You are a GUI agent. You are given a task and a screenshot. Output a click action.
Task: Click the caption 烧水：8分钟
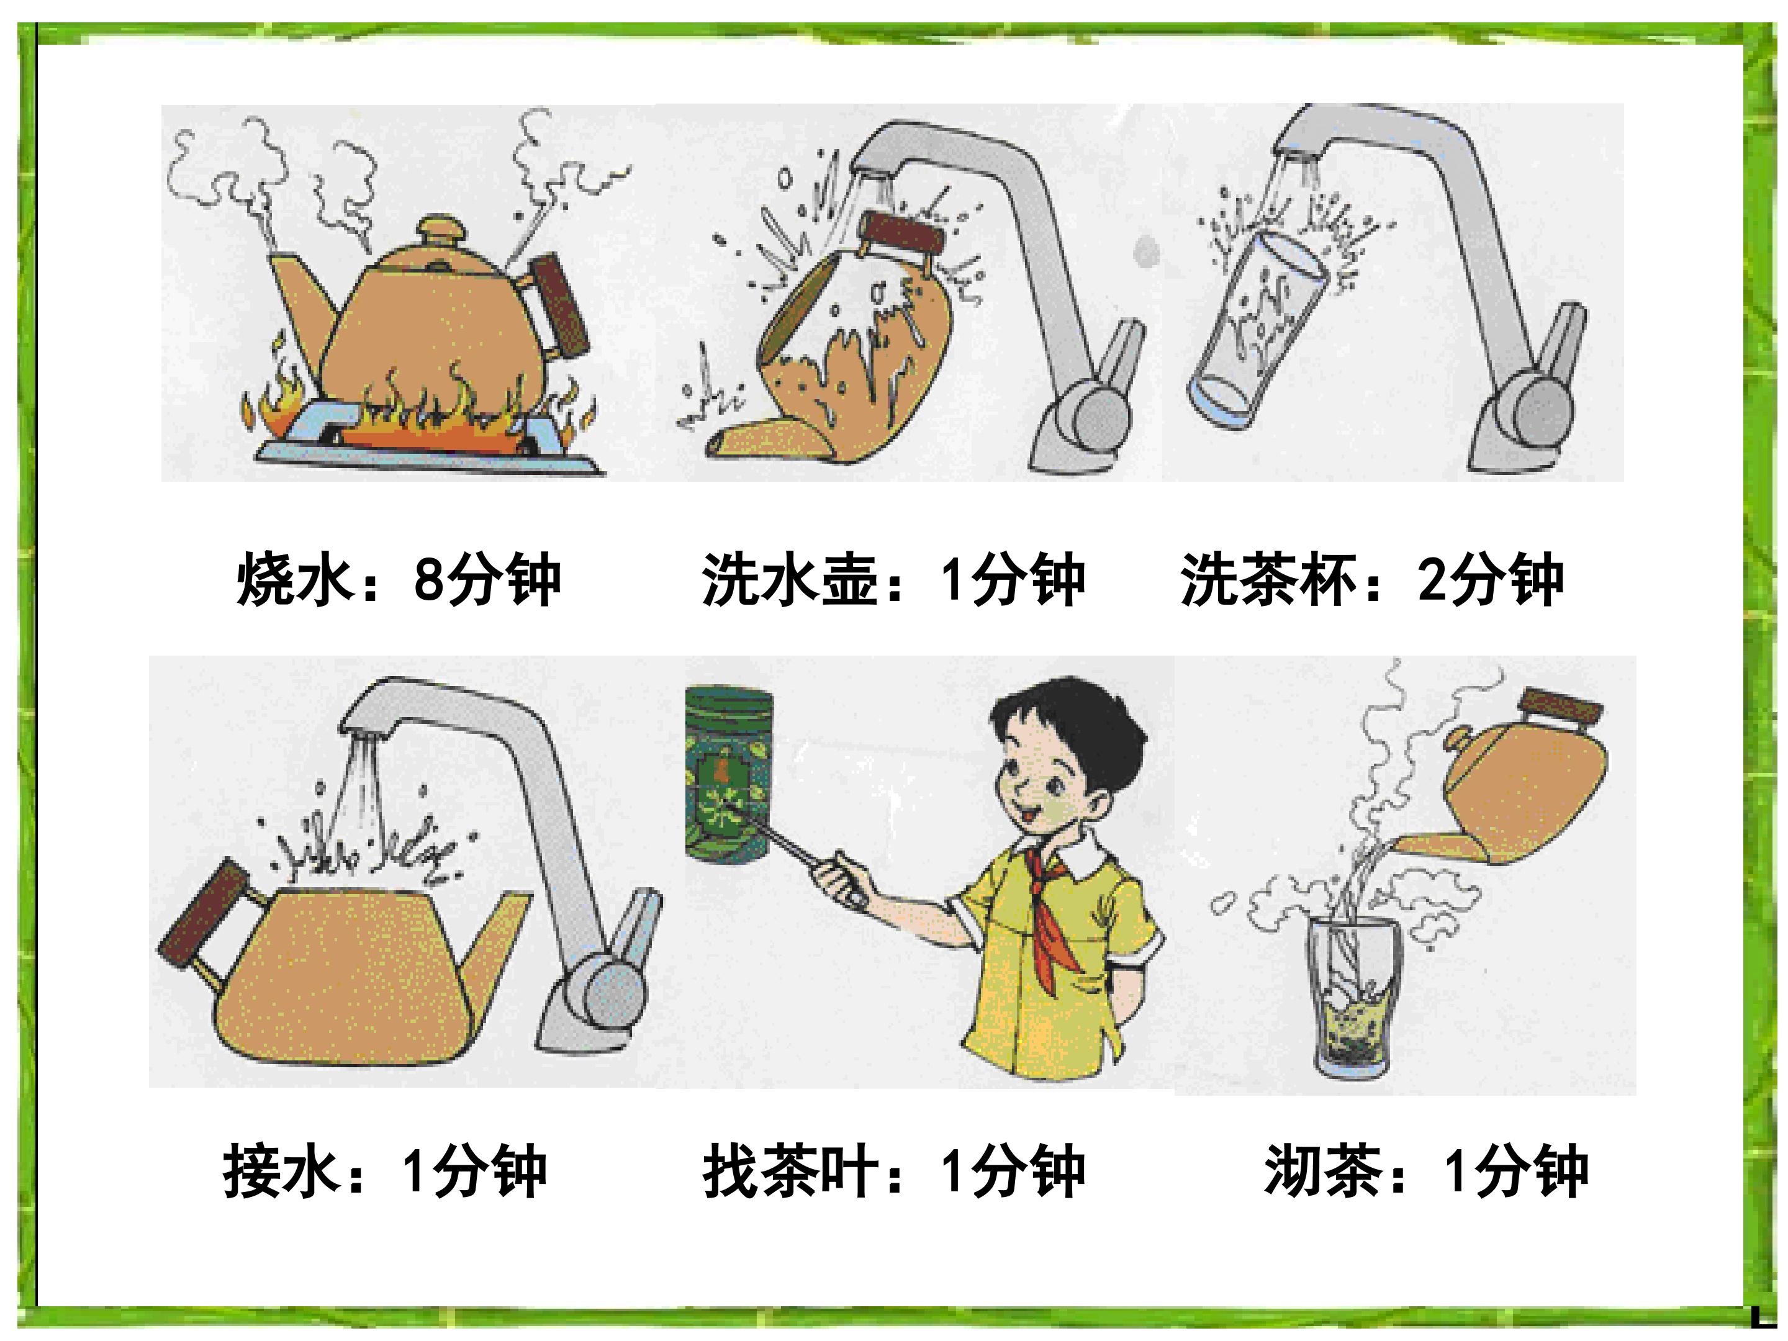[399, 579]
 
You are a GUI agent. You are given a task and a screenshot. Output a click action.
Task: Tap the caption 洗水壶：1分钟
[893, 579]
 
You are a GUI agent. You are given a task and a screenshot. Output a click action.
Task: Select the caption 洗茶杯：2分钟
[1371, 579]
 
